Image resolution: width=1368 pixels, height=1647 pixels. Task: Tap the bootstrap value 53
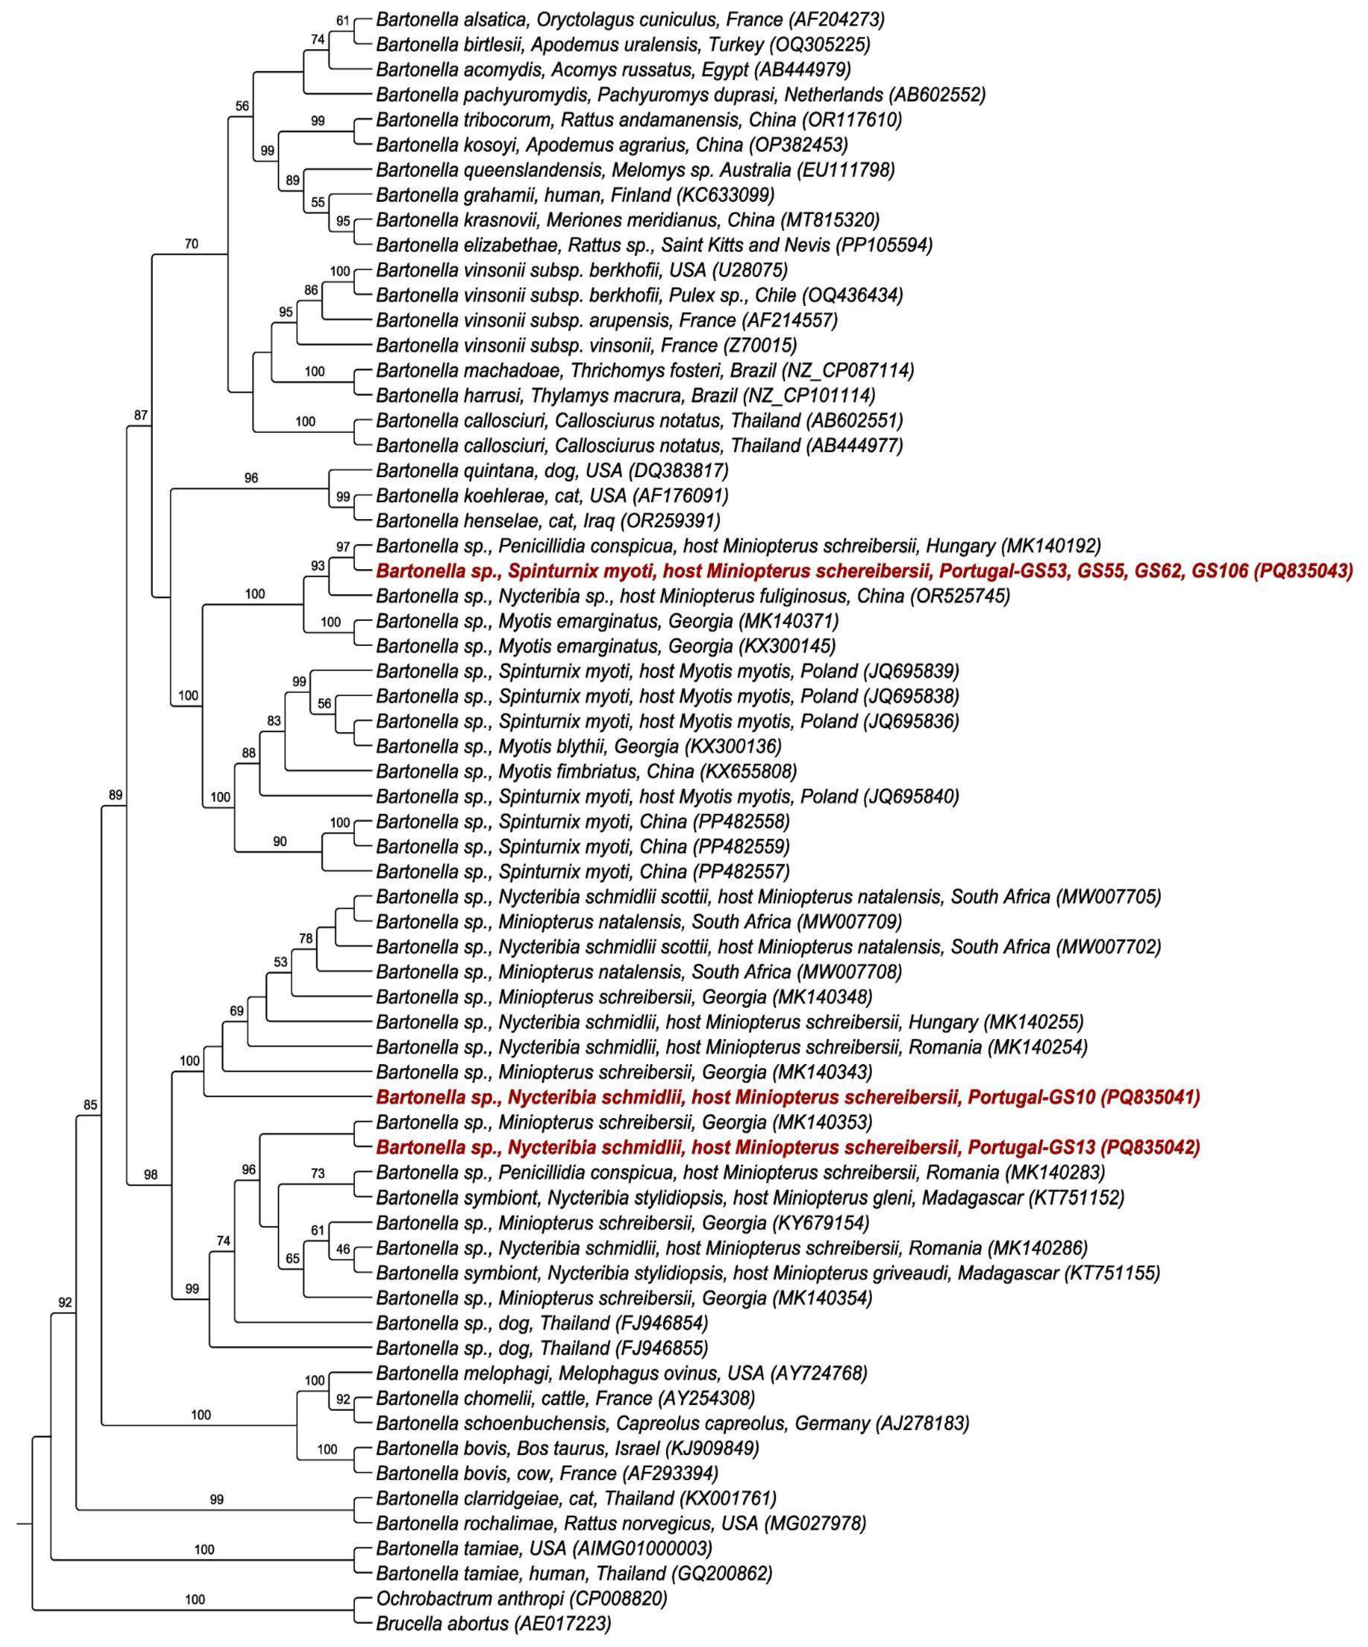pyautogui.click(x=280, y=962)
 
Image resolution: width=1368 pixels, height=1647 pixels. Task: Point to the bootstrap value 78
pyautogui.click(x=305, y=937)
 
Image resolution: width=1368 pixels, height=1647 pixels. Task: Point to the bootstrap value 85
pyautogui.click(x=90, y=1105)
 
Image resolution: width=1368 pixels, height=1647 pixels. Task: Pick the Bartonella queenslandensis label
pyautogui.click(x=635, y=169)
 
